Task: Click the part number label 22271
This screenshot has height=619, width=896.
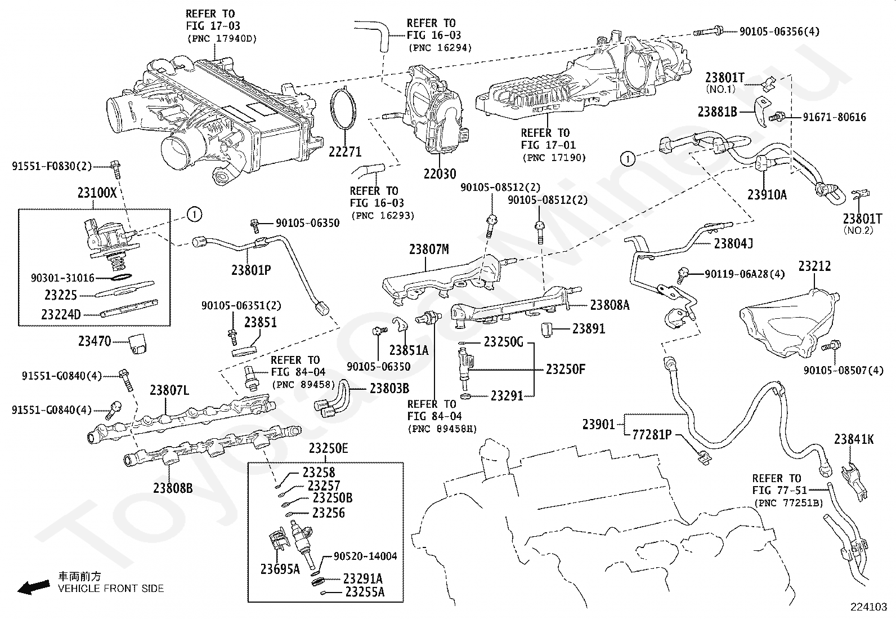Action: (345, 152)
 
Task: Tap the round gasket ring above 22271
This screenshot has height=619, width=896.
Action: (331, 108)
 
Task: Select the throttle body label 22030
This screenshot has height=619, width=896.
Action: (440, 174)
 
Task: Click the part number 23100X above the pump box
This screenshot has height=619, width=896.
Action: (97, 193)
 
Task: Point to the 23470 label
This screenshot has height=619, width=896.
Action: (95, 341)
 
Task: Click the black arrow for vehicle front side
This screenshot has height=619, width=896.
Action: (34, 587)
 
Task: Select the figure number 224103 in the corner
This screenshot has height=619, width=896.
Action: (868, 607)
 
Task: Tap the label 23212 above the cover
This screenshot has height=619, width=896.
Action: (814, 266)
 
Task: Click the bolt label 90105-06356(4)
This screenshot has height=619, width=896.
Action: (779, 31)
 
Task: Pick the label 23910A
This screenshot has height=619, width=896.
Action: (767, 194)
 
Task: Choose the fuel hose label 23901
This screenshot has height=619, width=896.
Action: (598, 425)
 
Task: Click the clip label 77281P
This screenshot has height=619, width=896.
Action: (652, 434)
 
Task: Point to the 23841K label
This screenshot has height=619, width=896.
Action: (854, 440)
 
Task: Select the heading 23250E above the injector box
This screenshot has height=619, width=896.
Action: (328, 448)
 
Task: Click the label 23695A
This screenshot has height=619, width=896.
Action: (280, 569)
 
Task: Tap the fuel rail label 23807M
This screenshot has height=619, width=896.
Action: (429, 250)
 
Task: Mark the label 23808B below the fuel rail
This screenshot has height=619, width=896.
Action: (173, 488)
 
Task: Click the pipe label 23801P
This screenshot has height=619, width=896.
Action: (251, 270)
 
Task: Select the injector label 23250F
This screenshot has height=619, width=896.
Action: (565, 369)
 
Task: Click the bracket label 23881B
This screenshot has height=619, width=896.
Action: (717, 112)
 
